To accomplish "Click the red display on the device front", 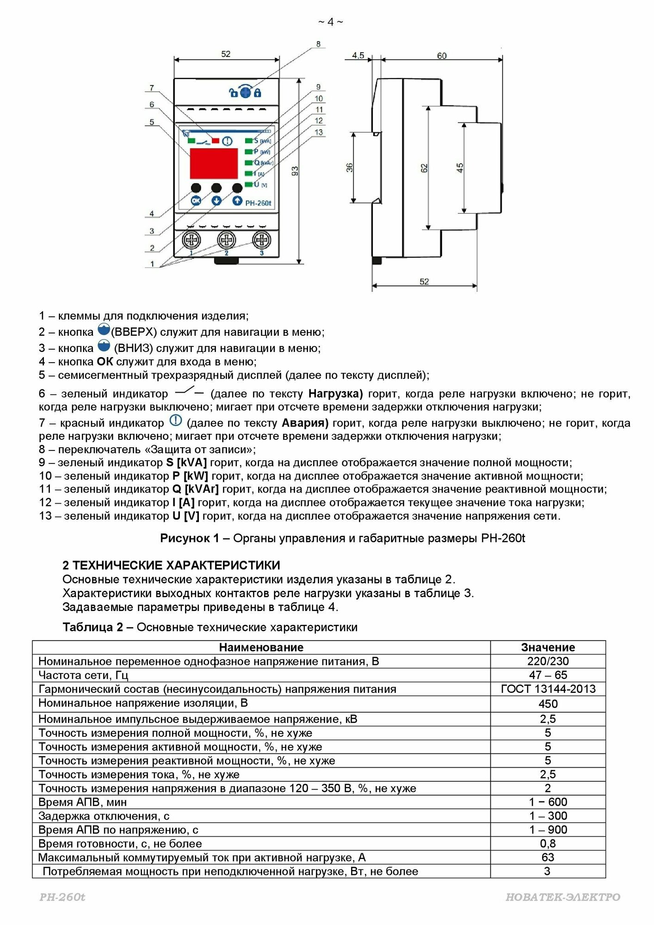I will coord(214,163).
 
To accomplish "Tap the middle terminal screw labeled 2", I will coord(226,240).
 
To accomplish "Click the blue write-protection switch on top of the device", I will coord(245,92).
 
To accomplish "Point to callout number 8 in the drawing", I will coord(318,44).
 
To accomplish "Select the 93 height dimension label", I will coord(295,171).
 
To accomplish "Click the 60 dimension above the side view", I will coord(442,55).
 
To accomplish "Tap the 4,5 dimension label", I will coord(358,55).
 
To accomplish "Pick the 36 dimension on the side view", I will coord(350,167).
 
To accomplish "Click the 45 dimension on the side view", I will coord(460,167).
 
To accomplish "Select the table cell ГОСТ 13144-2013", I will coord(548,689).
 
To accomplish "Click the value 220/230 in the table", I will coord(548,661).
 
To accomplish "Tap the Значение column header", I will coord(548,647).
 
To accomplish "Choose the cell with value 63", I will coord(548,857).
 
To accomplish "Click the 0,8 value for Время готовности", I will coord(548,844).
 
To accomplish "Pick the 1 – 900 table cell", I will coord(548,830).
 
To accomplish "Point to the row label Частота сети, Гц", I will coord(83,675).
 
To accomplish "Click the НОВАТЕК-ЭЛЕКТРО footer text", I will coord(563,897).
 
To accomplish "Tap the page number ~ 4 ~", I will coord(330,22).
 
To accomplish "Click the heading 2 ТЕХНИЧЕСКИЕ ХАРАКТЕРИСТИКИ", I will coord(171,565).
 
